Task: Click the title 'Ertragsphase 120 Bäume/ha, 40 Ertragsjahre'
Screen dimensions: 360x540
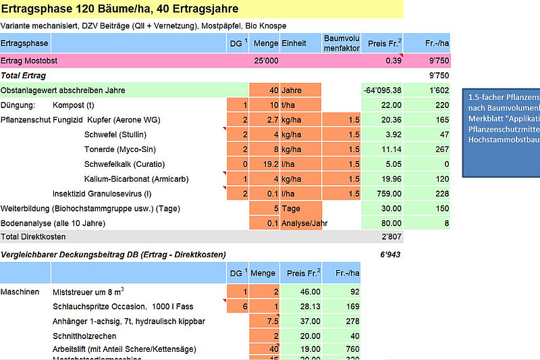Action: coord(119,9)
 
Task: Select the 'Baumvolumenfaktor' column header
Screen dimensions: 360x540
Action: coord(341,43)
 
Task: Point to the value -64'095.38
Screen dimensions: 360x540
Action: coord(382,91)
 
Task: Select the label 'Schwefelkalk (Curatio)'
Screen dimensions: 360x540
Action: coord(125,164)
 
